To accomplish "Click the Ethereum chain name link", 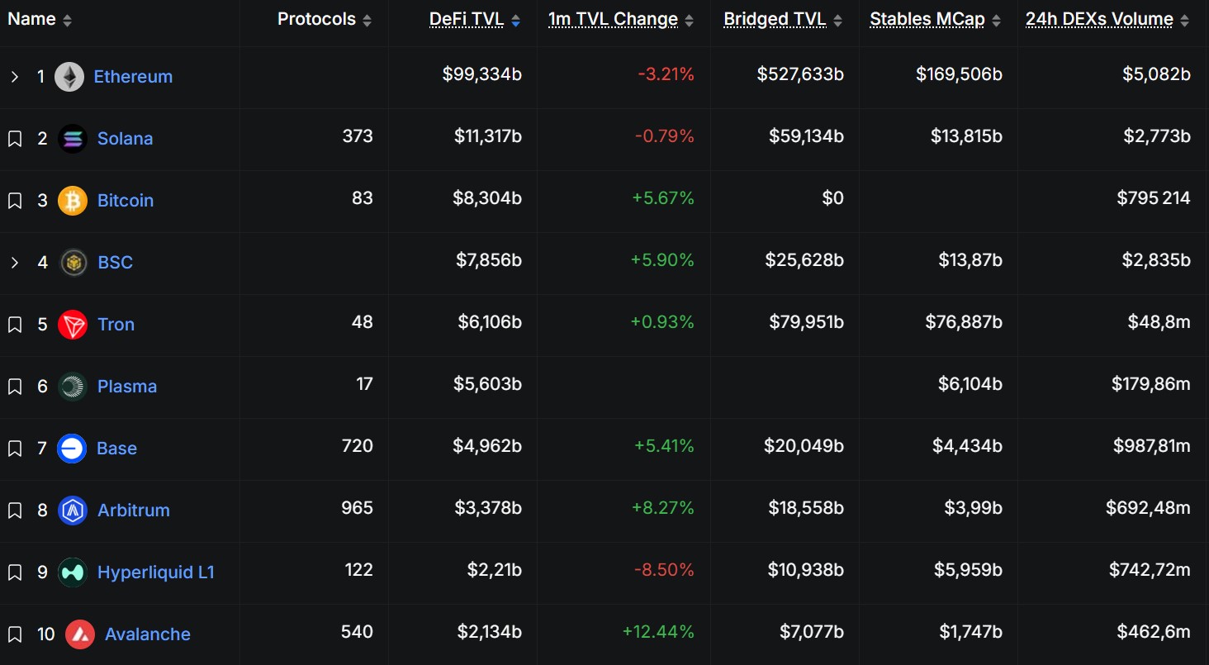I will pos(133,77).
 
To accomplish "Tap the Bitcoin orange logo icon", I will pos(73,201).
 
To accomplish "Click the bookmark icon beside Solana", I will pos(15,139).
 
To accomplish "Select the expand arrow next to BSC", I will pos(15,263).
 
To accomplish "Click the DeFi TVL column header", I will pos(467,20).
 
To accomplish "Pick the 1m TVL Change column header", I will pos(613,20).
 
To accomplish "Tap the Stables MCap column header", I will pos(927,20).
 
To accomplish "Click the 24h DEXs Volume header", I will pos(1098,20).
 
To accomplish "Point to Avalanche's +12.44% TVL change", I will pos(658,632).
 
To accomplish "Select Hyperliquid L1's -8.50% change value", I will pos(664,570).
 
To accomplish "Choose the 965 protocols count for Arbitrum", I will pos(357,508).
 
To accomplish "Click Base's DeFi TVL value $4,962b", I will pos(487,446).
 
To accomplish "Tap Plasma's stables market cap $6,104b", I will pos(970,384).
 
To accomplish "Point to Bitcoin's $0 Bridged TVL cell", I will pos(832,198).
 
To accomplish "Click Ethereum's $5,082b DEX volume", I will pos(1156,74).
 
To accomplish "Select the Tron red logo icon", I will pos(73,325).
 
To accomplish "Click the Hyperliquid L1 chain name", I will pos(156,572).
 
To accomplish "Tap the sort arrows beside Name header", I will pos(68,21).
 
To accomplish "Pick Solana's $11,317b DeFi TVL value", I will pos(487,136).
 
